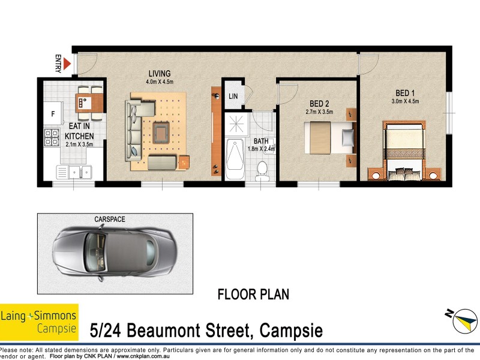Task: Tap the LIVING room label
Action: [x=160, y=73]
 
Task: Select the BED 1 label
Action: [x=405, y=93]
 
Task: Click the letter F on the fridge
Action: [x=53, y=113]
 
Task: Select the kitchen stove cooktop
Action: [x=51, y=139]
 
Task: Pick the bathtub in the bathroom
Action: [x=236, y=160]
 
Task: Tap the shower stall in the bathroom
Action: [x=236, y=124]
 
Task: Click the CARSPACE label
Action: [x=110, y=220]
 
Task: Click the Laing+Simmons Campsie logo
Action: [x=39, y=321]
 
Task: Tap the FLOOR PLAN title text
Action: [x=253, y=295]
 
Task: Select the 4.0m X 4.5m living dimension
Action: [x=160, y=82]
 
